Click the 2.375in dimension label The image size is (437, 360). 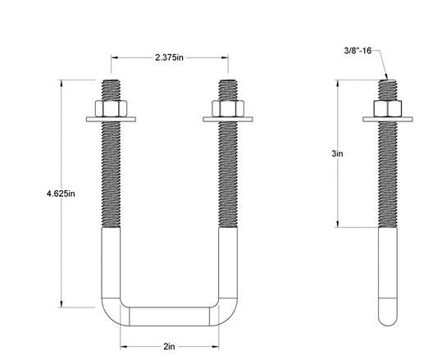coord(169,57)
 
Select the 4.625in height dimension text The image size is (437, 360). coord(61,194)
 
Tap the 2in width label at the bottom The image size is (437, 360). coord(169,346)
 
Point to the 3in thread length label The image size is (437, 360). coord(337,153)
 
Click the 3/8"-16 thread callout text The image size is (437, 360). coord(357,51)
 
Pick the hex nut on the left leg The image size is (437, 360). coord(111,108)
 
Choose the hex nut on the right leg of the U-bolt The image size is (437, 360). coord(228,108)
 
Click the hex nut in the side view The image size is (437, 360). coord(388,108)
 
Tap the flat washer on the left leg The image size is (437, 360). coord(111,120)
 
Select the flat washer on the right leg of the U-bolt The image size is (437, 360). coord(228,120)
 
